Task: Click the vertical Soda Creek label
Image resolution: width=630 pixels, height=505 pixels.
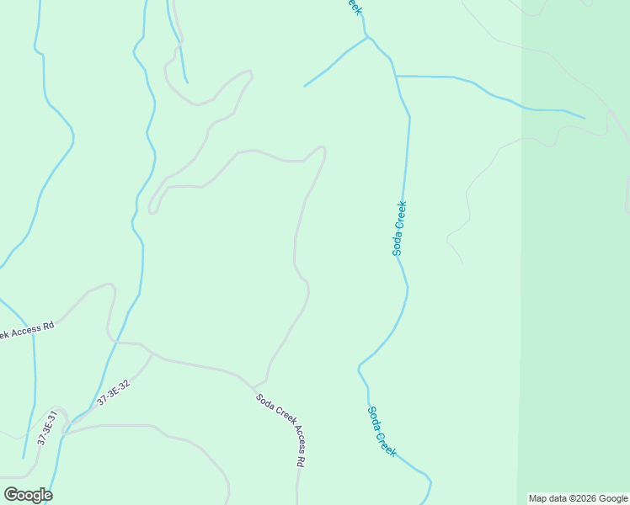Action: pyautogui.click(x=399, y=228)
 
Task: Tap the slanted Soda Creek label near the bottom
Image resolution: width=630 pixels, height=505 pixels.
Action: pyautogui.click(x=382, y=431)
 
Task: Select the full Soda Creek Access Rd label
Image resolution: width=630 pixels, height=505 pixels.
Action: pyautogui.click(x=280, y=430)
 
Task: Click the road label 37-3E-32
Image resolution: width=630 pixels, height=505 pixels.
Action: pyautogui.click(x=113, y=394)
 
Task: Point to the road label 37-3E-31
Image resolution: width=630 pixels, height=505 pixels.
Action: pyautogui.click(x=46, y=428)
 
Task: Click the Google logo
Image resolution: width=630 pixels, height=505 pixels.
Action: pyautogui.click(x=28, y=495)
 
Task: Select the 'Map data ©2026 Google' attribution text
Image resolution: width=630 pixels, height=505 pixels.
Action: pyautogui.click(x=579, y=498)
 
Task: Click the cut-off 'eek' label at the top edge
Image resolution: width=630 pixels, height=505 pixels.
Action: pyautogui.click(x=354, y=7)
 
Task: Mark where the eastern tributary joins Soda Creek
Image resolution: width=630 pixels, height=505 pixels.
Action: pyautogui.click(x=395, y=76)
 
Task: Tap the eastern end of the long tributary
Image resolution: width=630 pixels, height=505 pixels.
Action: pyautogui.click(x=585, y=118)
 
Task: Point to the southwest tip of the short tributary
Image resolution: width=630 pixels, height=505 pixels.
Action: pyautogui.click(x=304, y=87)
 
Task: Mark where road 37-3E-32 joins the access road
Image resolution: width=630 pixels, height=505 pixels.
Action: pyautogui.click(x=152, y=353)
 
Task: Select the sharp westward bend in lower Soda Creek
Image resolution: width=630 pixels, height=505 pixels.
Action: pyautogui.click(x=359, y=368)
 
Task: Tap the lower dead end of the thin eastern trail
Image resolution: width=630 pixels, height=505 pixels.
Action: pyautogui.click(x=462, y=261)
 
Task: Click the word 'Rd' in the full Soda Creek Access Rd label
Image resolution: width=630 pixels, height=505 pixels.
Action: pyautogui.click(x=300, y=460)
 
